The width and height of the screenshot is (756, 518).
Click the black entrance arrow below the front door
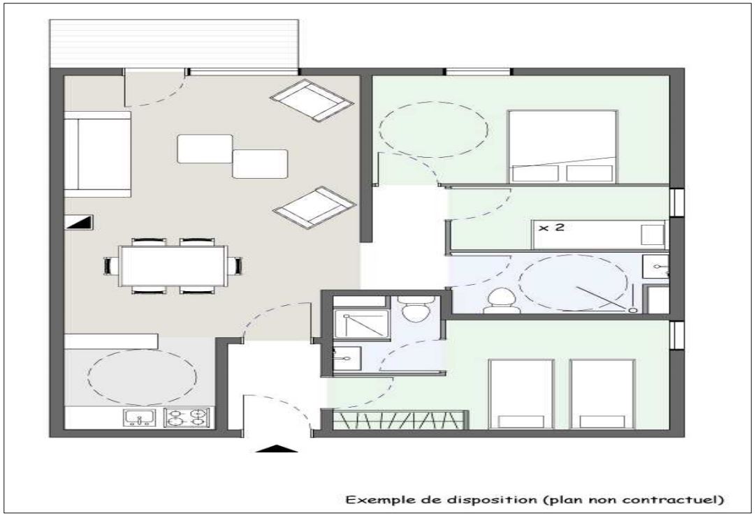(276, 449)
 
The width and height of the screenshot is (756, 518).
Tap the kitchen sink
(140, 417)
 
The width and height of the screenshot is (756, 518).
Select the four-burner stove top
(187, 417)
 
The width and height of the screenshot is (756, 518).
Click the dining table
(173, 265)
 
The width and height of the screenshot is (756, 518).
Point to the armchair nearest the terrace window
(312, 100)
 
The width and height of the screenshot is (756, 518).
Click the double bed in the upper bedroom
(562, 147)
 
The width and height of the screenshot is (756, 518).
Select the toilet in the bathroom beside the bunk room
(500, 299)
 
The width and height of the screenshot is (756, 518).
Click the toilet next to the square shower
(417, 309)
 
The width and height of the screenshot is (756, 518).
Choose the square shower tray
(362, 324)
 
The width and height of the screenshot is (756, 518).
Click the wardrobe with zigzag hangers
(400, 420)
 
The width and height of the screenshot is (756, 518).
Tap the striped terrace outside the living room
(174, 44)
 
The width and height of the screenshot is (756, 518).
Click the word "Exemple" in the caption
(377, 500)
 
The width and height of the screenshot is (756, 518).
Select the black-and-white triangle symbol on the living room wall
(78, 222)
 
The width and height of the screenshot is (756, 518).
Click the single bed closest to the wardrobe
(521, 394)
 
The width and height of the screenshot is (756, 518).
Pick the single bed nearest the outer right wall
(602, 394)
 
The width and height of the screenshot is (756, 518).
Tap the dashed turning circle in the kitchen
(143, 376)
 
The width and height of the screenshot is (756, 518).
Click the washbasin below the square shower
(346, 358)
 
